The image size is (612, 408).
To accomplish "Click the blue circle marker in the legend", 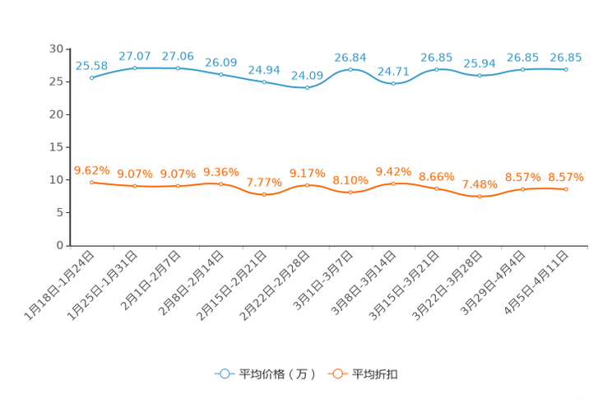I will (224, 373).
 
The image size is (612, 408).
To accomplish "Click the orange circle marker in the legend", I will (336, 373).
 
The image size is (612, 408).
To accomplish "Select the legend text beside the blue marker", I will (276, 374).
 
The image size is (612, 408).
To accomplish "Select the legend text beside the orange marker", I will (375, 374).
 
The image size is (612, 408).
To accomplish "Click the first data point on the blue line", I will (91, 77).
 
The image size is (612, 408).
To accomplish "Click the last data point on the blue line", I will (566, 70).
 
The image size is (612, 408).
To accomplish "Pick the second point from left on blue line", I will (134, 67).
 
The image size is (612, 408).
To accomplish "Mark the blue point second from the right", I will (522, 68).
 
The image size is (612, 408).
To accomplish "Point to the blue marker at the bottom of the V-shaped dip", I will (394, 83).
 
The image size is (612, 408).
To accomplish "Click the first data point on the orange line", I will (91, 182).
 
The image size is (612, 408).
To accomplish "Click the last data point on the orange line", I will (566, 188).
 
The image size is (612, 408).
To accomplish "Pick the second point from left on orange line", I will (134, 186).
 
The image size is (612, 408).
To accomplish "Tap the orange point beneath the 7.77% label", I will (264, 194).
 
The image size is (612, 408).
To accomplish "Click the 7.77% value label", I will (264, 182).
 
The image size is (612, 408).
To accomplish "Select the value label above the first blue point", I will (91, 65).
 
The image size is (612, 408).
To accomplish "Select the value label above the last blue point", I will (566, 58).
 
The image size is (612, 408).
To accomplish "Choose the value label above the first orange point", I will (91, 170).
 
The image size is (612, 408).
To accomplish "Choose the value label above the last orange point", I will (566, 177).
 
